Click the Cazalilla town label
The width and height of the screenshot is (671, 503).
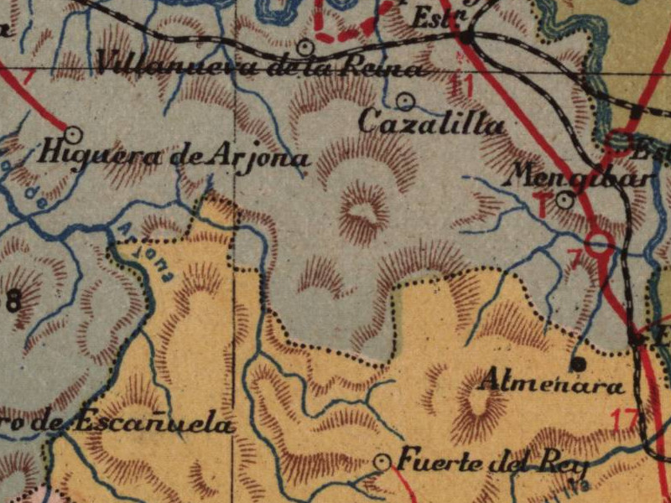click(x=431, y=124)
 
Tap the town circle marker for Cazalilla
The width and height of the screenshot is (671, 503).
click(x=406, y=101)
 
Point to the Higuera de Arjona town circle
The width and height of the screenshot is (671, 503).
click(x=73, y=133)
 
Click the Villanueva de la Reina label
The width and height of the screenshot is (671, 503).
click(x=260, y=65)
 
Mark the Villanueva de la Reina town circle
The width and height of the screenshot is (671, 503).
click(x=306, y=46)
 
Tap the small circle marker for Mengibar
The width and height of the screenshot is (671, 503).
click(x=565, y=200)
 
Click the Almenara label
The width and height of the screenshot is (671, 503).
click(x=551, y=385)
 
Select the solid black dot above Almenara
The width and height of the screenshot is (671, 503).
click(x=578, y=364)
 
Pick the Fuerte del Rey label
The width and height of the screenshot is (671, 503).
click(x=492, y=462)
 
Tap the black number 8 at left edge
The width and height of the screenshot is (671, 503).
click(x=13, y=300)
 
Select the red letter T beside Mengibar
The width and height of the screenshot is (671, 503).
click(x=544, y=204)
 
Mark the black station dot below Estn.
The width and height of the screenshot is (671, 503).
click(x=468, y=37)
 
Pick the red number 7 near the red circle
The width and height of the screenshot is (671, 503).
click(x=576, y=261)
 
